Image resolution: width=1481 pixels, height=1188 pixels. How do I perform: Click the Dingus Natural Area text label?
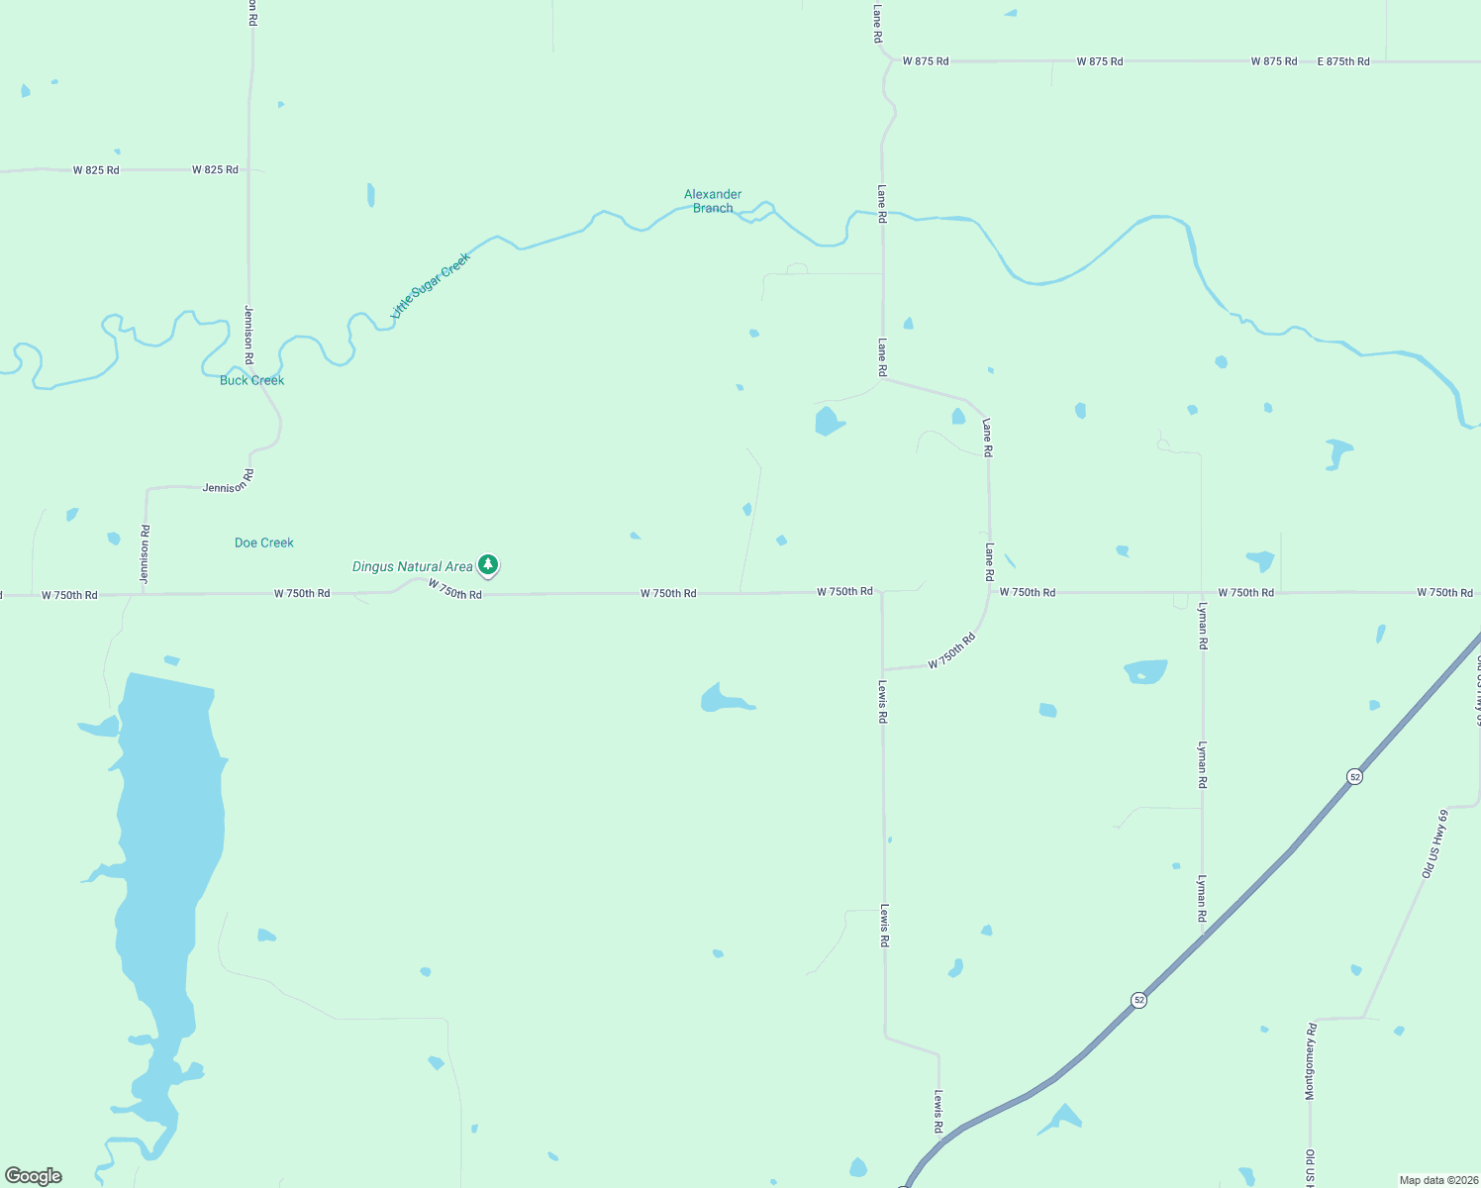point(412,567)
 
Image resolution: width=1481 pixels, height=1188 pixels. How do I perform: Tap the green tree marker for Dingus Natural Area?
point(487,564)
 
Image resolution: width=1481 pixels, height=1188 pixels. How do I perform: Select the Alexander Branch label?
point(713,201)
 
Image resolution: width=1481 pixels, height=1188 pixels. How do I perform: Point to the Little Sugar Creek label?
point(431,285)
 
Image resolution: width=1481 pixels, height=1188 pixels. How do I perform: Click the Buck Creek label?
point(251,380)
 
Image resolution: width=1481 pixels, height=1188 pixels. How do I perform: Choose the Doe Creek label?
point(264,543)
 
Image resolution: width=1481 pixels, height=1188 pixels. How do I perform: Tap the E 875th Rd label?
point(1343,61)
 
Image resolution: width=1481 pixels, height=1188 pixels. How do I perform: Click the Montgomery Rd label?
point(1310,1061)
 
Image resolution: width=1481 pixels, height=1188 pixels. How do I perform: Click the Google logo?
point(34,1176)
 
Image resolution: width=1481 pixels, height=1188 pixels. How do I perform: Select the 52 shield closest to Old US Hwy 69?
point(1354,777)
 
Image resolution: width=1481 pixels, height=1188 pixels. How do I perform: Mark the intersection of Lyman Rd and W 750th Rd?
point(1202,593)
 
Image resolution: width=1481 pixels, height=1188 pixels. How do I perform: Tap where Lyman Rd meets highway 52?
point(1203,937)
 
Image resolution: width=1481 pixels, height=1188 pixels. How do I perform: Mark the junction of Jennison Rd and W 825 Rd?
point(248,170)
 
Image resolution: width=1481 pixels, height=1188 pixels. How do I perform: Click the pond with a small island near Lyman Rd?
point(1146,672)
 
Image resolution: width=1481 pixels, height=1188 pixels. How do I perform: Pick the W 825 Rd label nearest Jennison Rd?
point(215,170)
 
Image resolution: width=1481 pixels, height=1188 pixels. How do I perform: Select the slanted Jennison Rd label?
point(229,482)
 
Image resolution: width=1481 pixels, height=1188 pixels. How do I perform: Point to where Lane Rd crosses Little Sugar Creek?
point(882,213)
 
